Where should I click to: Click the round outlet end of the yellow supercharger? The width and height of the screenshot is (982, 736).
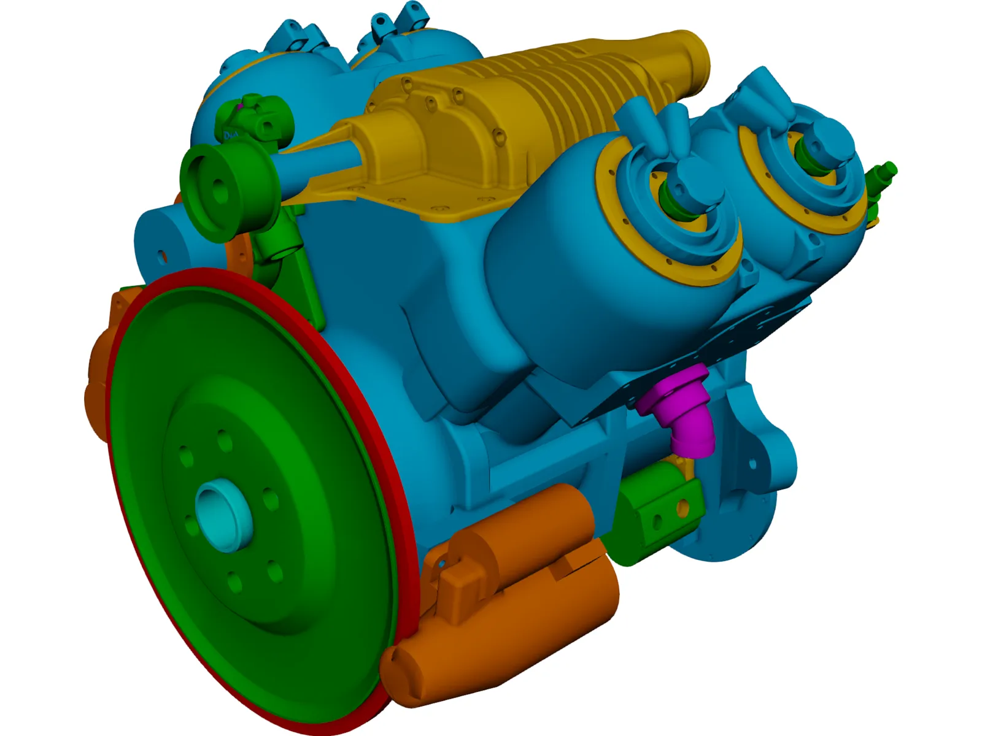coord(697,52)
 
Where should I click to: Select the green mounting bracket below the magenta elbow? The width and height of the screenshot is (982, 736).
coord(657,509)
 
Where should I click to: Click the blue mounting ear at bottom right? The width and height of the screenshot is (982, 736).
coord(755,478)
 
